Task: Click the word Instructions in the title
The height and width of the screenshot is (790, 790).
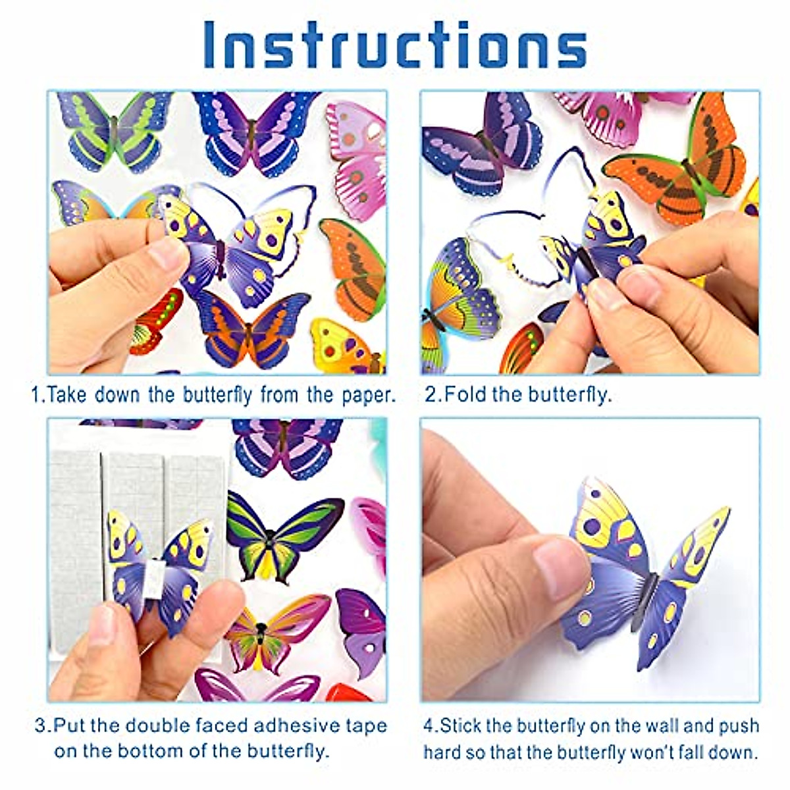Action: (395, 45)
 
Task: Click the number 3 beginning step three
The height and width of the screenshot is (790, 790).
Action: (41, 726)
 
